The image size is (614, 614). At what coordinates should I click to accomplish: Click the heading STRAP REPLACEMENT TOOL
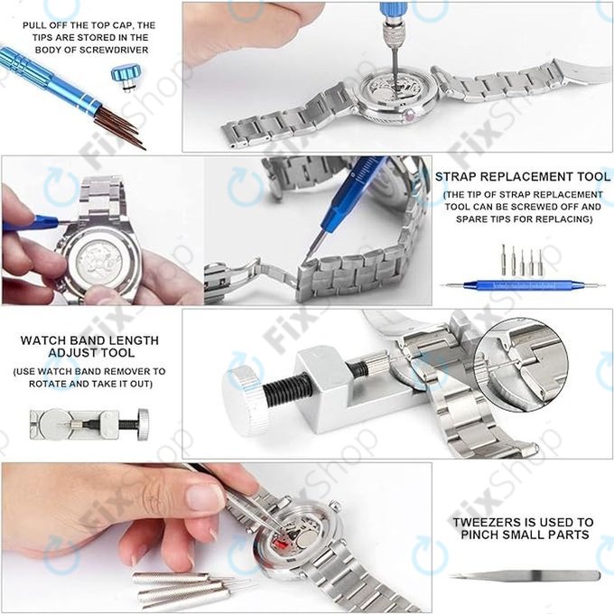tap(522, 177)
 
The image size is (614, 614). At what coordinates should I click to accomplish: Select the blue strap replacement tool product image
tap(522, 285)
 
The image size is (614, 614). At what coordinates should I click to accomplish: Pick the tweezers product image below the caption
tap(521, 576)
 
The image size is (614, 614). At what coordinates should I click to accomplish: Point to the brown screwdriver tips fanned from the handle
tap(121, 127)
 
